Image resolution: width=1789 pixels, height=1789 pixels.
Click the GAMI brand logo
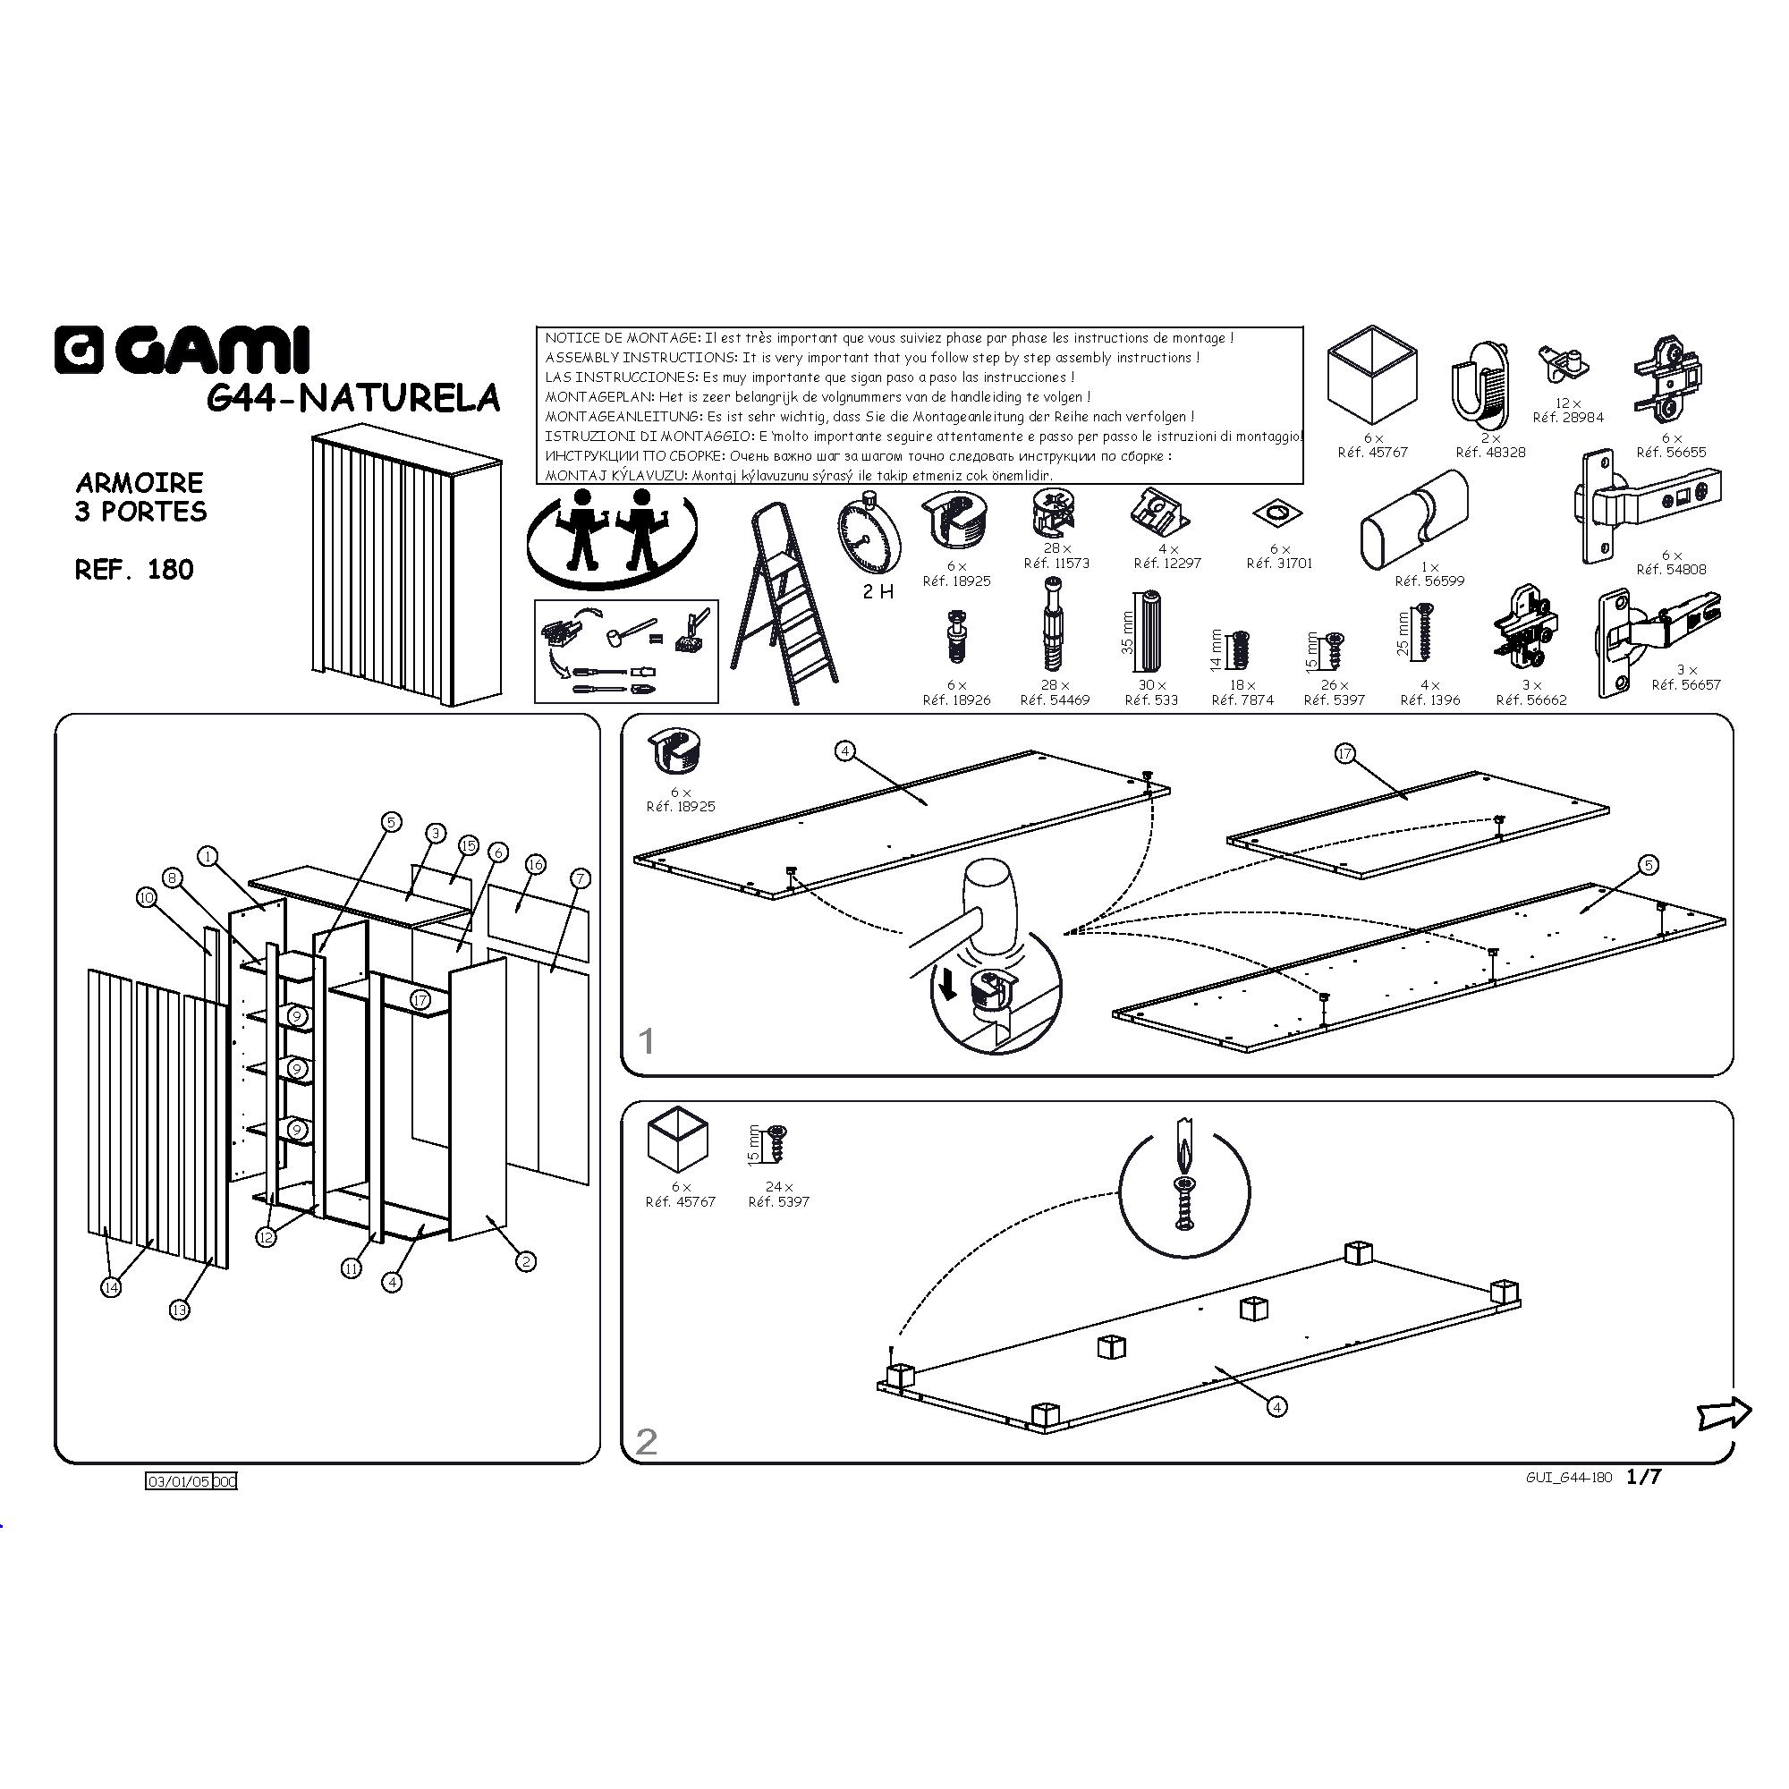[x=182, y=351]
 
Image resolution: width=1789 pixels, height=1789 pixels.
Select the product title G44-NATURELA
[x=352, y=398]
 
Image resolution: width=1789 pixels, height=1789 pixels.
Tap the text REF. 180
[x=134, y=570]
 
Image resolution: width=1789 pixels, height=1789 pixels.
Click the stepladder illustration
[x=784, y=604]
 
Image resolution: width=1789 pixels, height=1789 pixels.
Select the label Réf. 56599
[x=1429, y=581]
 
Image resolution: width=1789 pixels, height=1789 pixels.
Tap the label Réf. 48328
[x=1490, y=453]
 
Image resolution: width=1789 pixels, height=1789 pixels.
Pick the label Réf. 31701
[x=1279, y=563]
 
